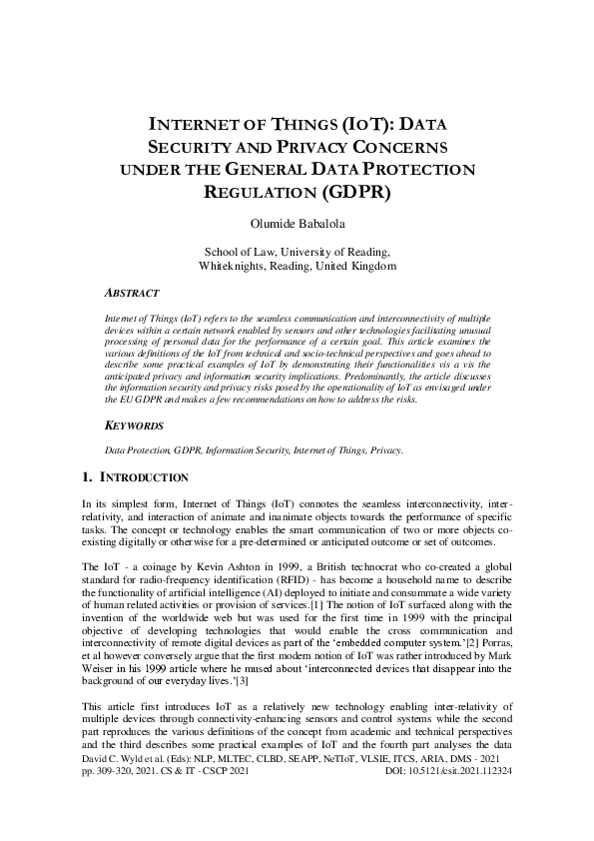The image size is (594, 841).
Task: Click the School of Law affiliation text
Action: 297,252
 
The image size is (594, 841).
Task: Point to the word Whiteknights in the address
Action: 235,267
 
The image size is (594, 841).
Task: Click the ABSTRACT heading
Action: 132,294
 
